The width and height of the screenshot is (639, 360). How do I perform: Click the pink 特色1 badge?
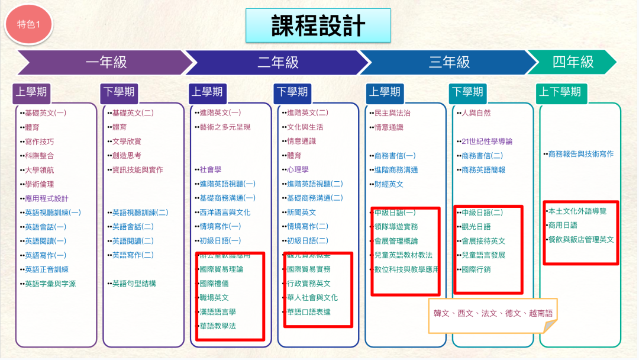click(x=28, y=24)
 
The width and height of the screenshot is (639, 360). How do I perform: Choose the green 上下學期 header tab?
click(x=559, y=92)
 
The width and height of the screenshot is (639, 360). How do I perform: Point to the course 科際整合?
click(x=39, y=156)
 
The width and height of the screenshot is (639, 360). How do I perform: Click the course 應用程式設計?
click(x=47, y=198)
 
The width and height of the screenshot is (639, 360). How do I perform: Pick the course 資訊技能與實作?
click(x=137, y=170)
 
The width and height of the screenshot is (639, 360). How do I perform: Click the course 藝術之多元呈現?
click(x=225, y=127)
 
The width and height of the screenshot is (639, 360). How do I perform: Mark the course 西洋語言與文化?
click(x=225, y=213)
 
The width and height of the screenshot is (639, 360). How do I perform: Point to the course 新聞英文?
click(x=301, y=213)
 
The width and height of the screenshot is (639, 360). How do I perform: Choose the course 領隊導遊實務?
click(x=396, y=227)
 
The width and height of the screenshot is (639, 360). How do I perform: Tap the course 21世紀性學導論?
click(x=487, y=142)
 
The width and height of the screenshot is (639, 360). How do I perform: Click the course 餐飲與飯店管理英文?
click(x=581, y=240)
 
